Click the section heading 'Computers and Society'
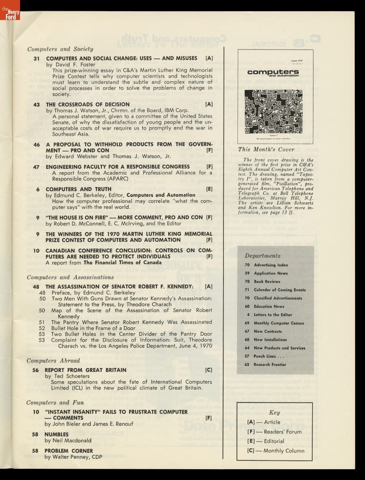point(60,49)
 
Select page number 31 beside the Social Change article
point(36,58)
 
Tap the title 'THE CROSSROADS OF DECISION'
point(88,104)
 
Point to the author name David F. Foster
point(71,64)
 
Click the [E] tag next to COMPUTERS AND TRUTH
point(209,189)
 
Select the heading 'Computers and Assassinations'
point(70,277)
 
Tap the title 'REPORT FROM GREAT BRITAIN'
point(85,370)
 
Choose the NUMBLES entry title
point(56,434)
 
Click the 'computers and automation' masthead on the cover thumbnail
point(273,73)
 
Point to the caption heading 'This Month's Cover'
point(266,150)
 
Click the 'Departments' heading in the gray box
point(262,256)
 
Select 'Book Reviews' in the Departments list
point(267,282)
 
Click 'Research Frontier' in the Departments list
point(270,364)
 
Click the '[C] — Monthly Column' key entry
point(276,451)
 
